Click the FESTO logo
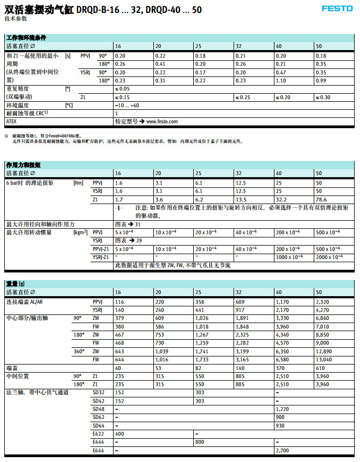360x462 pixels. (337, 9)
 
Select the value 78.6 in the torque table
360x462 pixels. (321, 199)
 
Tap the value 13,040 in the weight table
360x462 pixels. (324, 360)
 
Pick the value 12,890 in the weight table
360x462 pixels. (324, 351)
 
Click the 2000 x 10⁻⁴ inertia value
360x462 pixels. (328, 257)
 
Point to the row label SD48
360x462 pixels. (98, 409)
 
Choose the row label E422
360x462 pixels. (98, 433)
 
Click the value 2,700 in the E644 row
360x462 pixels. (282, 450)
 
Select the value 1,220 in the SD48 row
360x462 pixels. (282, 409)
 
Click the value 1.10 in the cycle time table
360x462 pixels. (280, 80)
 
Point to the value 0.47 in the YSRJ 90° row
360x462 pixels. (280, 72)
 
